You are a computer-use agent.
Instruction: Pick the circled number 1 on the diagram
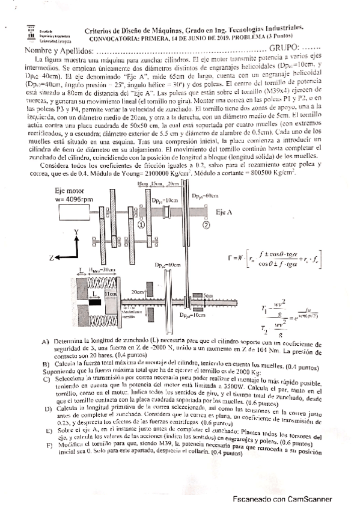click(140, 224)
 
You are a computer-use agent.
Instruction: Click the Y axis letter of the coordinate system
click(75, 231)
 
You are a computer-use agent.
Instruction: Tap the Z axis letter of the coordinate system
click(52, 257)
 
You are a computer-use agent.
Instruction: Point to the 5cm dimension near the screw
click(208, 295)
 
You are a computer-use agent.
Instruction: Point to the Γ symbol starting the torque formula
click(231, 257)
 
